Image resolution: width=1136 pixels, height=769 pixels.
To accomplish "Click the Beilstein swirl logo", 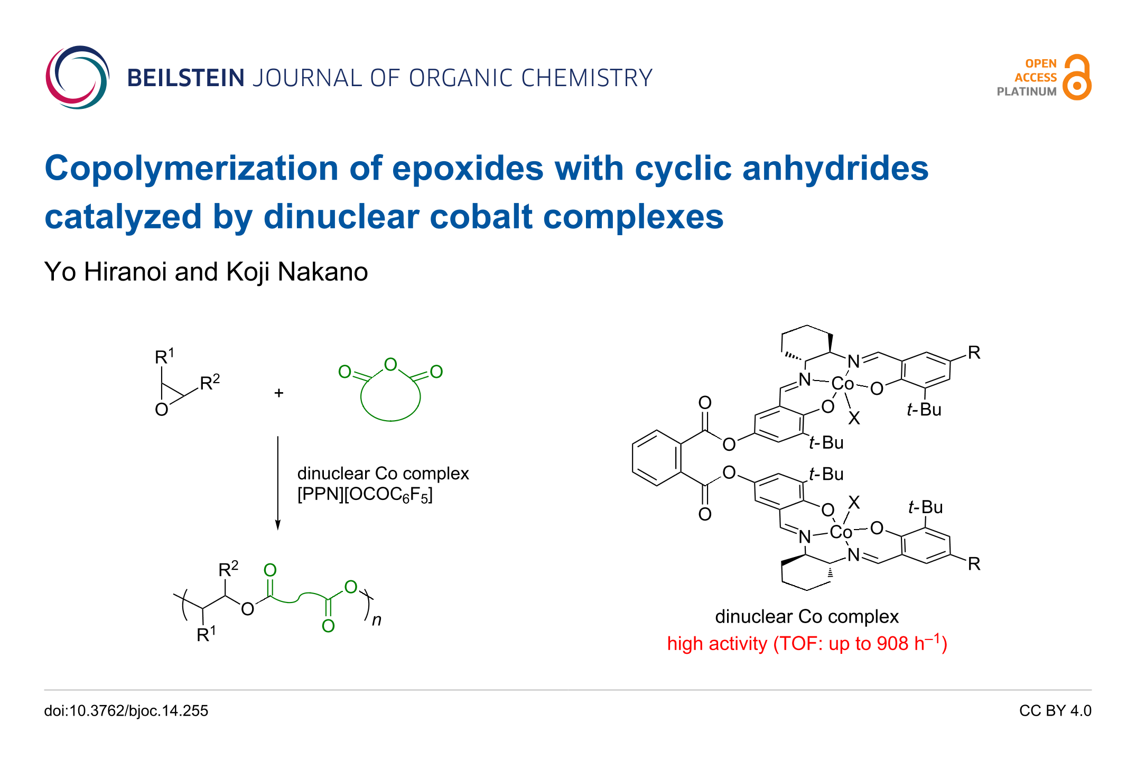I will pyautogui.click(x=77, y=77).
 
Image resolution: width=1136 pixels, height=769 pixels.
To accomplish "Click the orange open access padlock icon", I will pyautogui.click(x=1077, y=78).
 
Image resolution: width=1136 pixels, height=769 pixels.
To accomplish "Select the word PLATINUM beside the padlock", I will pyautogui.click(x=1026, y=91).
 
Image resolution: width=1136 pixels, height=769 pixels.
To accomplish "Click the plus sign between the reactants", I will pyautogui.click(x=279, y=393).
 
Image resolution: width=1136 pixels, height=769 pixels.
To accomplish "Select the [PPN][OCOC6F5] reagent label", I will pyautogui.click(x=365, y=495).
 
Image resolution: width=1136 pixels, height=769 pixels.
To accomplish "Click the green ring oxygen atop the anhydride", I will pyautogui.click(x=390, y=364).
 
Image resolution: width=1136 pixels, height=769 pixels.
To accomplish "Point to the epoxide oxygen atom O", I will pyautogui.click(x=162, y=410).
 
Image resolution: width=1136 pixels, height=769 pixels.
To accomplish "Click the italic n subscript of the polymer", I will pyautogui.click(x=377, y=619).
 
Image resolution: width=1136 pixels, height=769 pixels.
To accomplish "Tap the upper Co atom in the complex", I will pyautogui.click(x=842, y=384).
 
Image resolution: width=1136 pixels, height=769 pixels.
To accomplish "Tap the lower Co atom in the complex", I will pyautogui.click(x=841, y=532).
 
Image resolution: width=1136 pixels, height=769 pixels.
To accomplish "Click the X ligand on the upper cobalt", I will pyautogui.click(x=854, y=419).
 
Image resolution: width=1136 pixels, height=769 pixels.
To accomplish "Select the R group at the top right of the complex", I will pyautogui.click(x=974, y=353).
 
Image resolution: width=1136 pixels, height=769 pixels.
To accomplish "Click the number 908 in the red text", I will pyautogui.click(x=892, y=644).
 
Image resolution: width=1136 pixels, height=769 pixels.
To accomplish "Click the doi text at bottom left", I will pyautogui.click(x=126, y=711).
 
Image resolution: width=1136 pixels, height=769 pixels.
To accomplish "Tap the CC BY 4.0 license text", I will pyautogui.click(x=1055, y=711).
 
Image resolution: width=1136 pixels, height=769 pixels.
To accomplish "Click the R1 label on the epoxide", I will pyautogui.click(x=164, y=357).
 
